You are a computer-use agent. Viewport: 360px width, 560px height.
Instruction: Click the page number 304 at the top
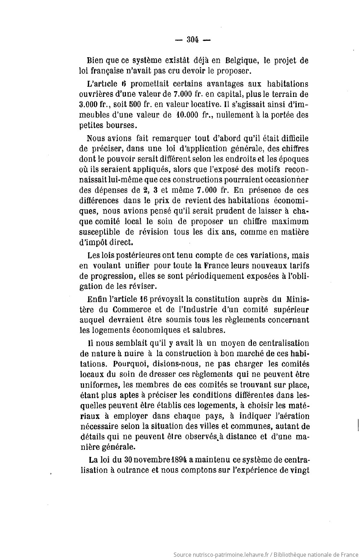[193, 40]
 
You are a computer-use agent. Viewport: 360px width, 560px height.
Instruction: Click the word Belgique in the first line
[244, 60]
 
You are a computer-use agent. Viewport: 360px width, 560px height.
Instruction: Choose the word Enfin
[96, 299]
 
